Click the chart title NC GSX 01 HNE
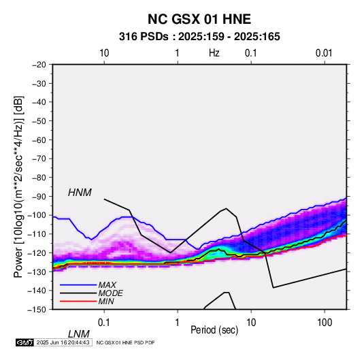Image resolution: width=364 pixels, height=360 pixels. [x=199, y=19]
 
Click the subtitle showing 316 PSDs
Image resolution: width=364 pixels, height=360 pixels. [x=199, y=37]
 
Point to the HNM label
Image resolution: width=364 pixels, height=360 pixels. [x=80, y=193]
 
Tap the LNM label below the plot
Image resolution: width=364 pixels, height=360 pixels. [x=79, y=334]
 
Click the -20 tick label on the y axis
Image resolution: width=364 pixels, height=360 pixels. [x=39, y=65]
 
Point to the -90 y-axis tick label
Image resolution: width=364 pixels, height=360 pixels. [x=39, y=196]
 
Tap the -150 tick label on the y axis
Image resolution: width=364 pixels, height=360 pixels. [x=37, y=310]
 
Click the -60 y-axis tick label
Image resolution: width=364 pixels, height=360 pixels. [x=39, y=140]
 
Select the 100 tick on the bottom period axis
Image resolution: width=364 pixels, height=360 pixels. [x=325, y=323]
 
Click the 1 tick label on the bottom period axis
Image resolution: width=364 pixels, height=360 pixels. [x=178, y=323]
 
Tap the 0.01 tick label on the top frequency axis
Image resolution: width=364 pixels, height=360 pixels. [x=324, y=53]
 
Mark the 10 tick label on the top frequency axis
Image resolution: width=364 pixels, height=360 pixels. [x=104, y=53]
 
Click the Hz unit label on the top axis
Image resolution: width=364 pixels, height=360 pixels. [x=214, y=53]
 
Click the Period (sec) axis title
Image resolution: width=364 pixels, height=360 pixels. [x=214, y=330]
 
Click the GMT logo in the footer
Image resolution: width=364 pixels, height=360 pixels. [x=24, y=342]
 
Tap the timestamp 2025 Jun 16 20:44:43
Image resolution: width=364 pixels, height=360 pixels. [x=63, y=342]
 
